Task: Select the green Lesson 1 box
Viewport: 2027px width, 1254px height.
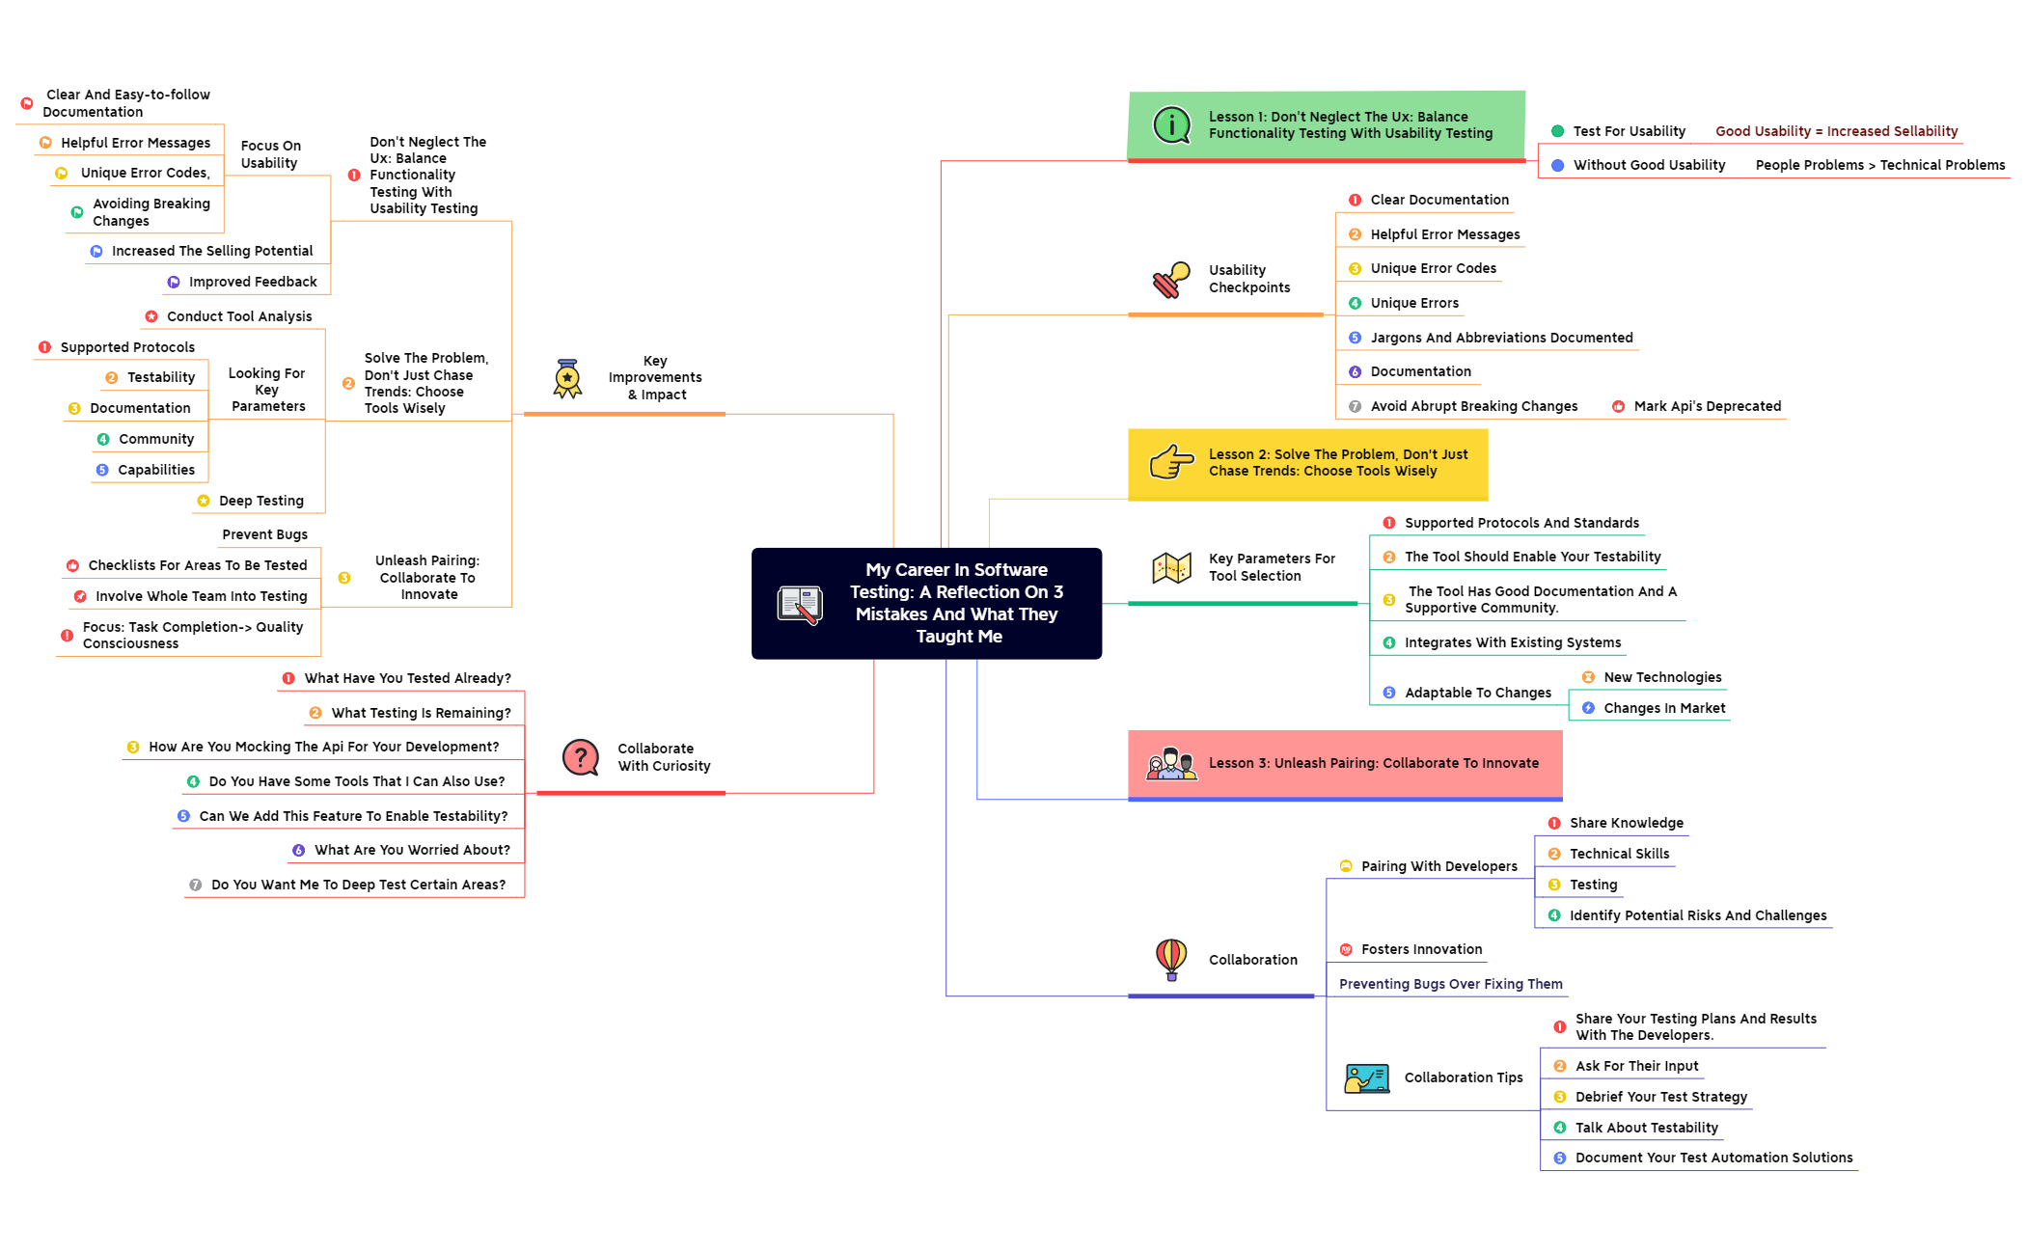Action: [1326, 125]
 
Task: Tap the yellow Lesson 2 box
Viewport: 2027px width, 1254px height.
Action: [1307, 463]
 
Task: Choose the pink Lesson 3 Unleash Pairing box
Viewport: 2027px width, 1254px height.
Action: [1345, 763]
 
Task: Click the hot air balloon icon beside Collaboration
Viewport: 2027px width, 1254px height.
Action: [1171, 959]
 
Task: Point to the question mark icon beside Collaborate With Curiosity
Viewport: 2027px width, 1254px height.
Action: [581, 757]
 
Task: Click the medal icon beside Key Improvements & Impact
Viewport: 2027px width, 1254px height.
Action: [567, 378]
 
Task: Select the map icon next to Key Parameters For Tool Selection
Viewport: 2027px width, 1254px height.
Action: [1171, 567]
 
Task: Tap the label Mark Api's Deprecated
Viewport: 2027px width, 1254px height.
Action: [1707, 406]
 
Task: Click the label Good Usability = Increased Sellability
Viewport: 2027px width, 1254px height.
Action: [1836, 131]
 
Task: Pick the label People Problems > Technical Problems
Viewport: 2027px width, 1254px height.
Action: [1879, 165]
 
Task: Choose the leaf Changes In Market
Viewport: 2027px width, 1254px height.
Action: [1663, 708]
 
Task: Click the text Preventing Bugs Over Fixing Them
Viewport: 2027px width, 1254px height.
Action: [1450, 984]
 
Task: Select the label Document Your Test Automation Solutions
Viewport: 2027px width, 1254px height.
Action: [1713, 1158]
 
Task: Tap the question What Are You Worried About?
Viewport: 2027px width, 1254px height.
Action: [412, 850]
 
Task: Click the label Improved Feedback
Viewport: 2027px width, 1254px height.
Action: [253, 282]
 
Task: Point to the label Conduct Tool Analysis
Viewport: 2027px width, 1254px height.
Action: [239, 316]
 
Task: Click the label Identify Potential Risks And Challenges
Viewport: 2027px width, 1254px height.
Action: [1697, 915]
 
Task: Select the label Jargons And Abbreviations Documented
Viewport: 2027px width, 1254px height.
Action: [1501, 338]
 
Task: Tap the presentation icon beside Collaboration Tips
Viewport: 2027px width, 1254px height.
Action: [1366, 1077]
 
